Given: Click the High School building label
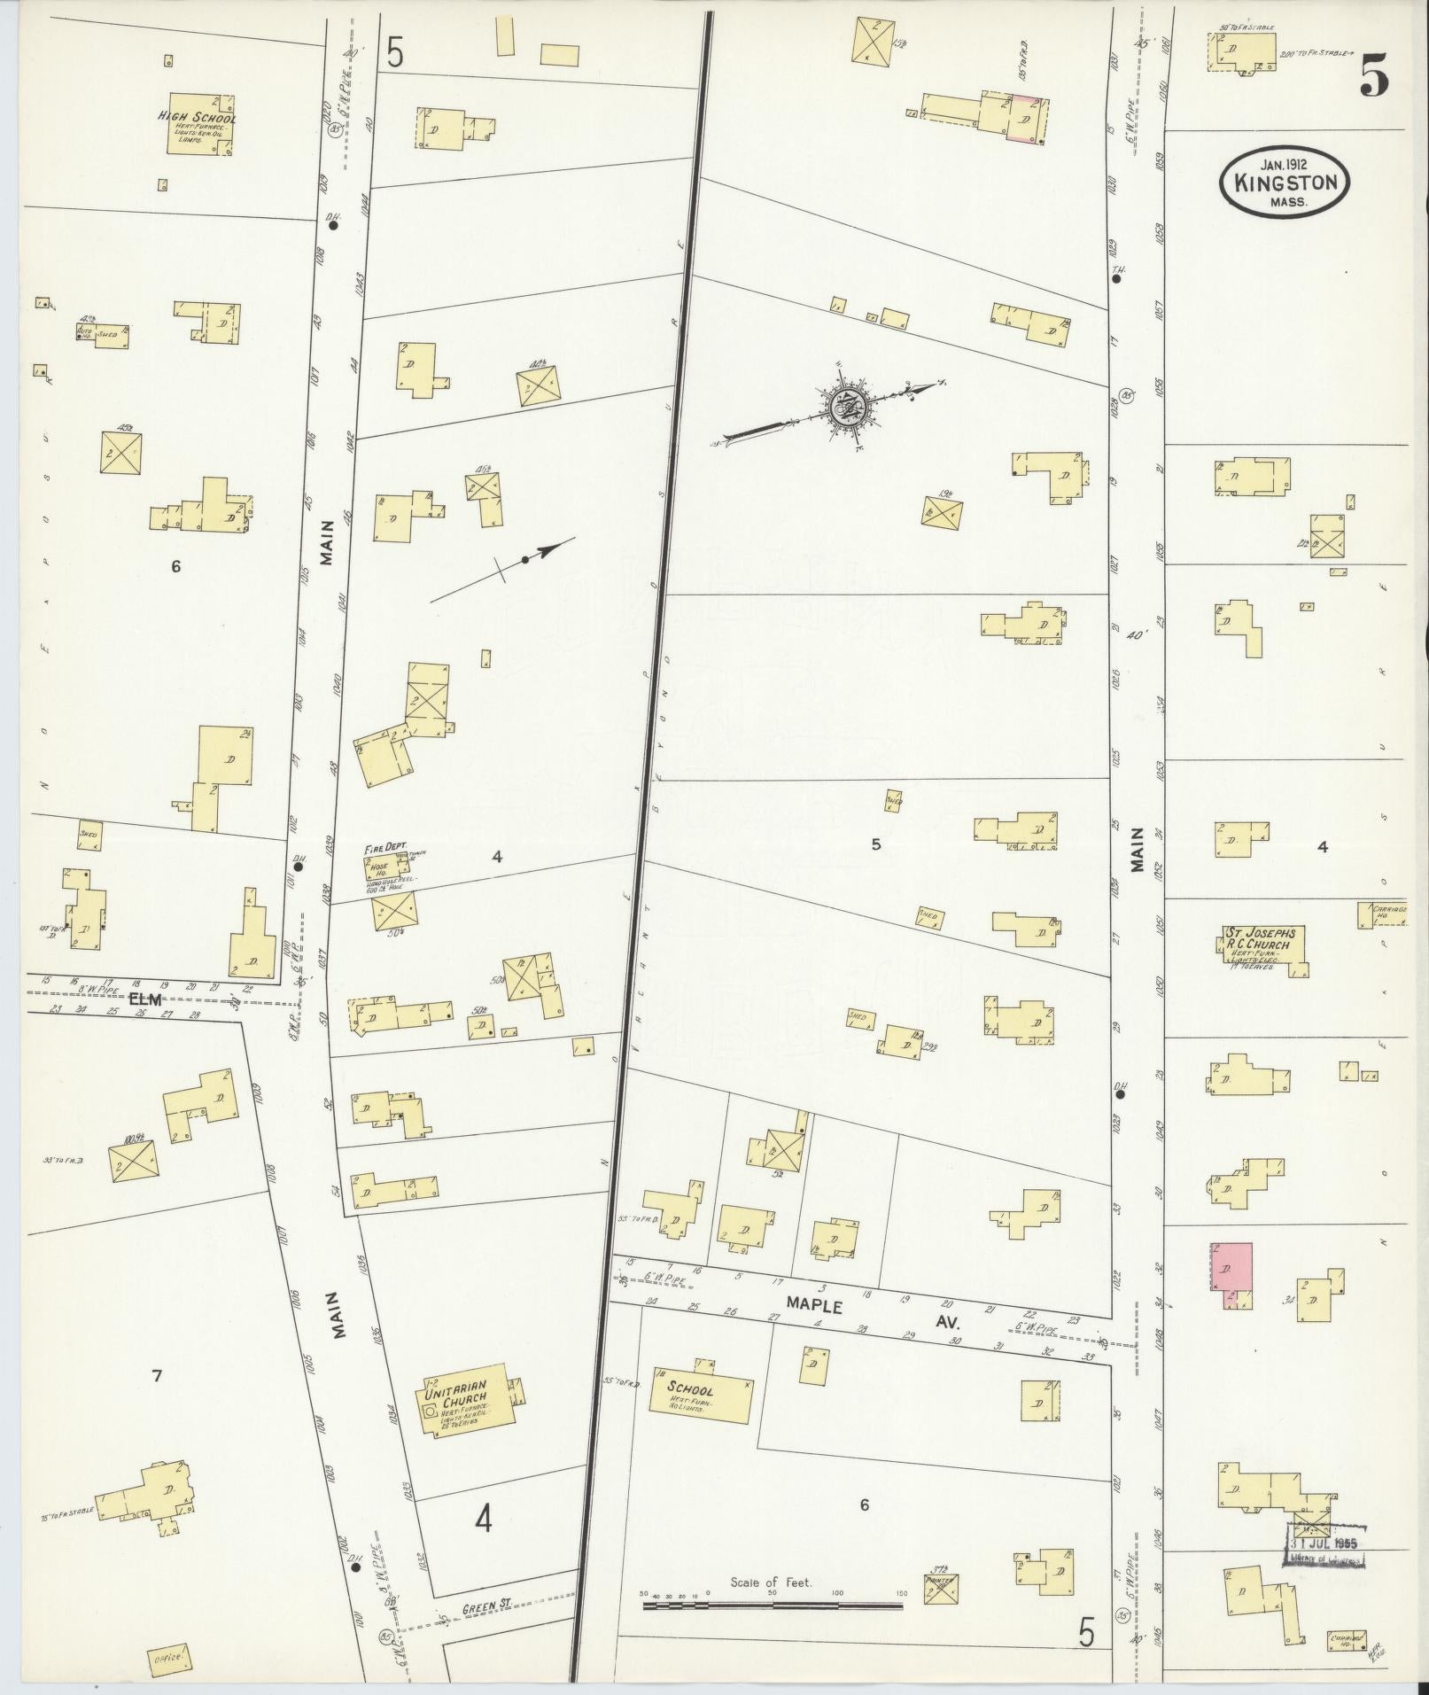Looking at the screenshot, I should tap(198, 118).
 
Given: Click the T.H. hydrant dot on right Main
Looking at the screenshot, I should tap(1117, 278).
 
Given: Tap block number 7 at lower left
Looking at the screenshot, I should tap(156, 1376).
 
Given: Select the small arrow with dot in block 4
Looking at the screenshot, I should tap(525, 559).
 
